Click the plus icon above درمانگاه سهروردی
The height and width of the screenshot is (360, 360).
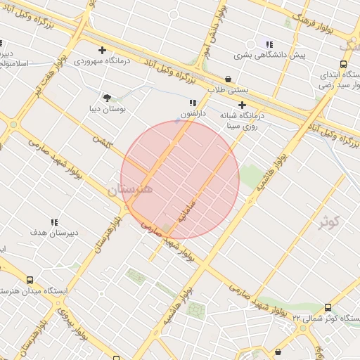coord(103,50)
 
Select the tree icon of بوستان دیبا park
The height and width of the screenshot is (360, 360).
coord(107,98)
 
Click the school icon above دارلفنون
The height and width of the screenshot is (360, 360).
coord(193,103)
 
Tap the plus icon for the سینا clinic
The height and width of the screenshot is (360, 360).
coord(243,105)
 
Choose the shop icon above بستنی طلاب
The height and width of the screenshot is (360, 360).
coord(229,79)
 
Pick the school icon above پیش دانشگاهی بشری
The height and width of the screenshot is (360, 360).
coord(269,44)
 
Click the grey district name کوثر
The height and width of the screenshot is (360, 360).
coord(328,223)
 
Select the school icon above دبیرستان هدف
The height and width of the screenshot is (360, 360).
coord(54,222)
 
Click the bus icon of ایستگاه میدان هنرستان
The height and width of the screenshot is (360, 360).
coord(30,280)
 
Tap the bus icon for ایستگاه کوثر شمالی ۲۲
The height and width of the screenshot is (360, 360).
coord(328,307)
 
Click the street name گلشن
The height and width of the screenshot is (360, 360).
coord(103,146)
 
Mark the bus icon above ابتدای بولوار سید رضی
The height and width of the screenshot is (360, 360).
coord(342,63)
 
